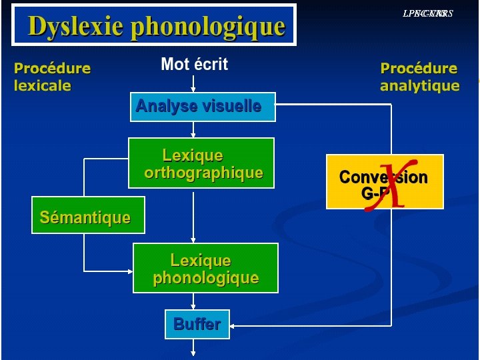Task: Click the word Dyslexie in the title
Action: [x=75, y=27]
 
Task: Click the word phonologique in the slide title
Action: [x=208, y=27]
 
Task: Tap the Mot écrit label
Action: [x=194, y=64]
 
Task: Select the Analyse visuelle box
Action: [x=202, y=107]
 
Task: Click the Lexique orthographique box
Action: [x=201, y=163]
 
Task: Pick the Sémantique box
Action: [x=87, y=215]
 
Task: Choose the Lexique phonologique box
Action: [x=205, y=268]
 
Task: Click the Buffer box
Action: [x=197, y=325]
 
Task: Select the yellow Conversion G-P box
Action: [x=384, y=182]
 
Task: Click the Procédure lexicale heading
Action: [x=52, y=77]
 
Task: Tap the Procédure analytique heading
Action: [x=419, y=77]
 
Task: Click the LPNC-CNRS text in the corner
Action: [x=427, y=13]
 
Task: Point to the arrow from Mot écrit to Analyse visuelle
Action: [x=193, y=83]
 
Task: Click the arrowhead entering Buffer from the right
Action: [x=235, y=325]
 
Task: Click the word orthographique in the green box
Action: [x=203, y=173]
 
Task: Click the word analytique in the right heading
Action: [x=419, y=85]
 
